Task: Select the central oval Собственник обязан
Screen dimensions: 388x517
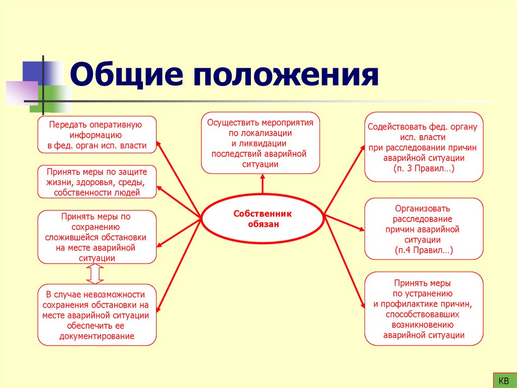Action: pos(263,219)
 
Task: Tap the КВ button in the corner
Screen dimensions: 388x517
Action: pos(503,380)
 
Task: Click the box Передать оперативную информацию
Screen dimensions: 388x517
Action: pos(97,135)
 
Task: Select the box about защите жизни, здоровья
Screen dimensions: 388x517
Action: pos(97,182)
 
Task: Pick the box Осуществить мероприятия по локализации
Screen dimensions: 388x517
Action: pos(261,143)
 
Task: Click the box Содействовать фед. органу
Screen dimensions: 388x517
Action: pos(424,147)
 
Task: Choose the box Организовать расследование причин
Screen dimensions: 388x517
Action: pos(424,229)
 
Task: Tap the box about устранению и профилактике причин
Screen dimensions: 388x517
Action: pos(424,308)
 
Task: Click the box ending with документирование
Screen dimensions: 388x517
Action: pos(97,315)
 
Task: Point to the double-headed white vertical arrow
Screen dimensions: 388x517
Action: pos(95,274)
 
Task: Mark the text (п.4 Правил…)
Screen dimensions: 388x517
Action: pos(424,250)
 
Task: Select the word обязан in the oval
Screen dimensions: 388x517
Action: pos(263,224)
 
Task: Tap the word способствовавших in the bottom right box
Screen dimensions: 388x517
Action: pos(424,314)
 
